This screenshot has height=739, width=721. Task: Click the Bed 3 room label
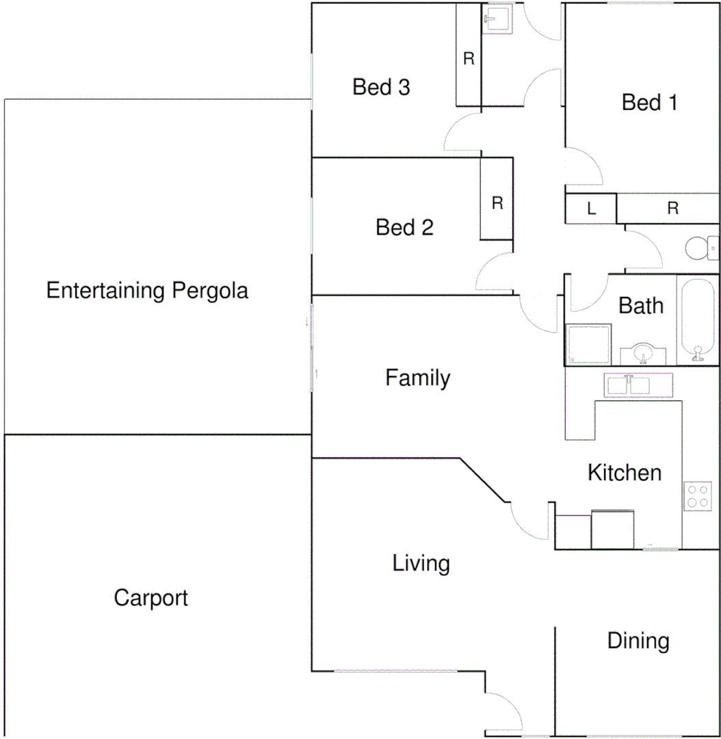381,88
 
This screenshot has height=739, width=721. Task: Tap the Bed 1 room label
649,103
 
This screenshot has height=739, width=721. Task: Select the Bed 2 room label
404,227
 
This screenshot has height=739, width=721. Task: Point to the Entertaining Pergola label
147,291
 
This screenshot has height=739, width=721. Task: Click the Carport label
150,598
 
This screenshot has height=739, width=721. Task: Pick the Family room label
417,378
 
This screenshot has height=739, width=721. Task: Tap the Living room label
421,564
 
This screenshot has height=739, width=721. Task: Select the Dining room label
638,641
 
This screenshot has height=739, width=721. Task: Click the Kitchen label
624,473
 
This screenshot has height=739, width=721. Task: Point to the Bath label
641,306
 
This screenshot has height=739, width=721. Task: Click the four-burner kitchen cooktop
698,496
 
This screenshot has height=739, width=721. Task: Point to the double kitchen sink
627,385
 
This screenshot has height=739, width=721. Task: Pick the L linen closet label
591,209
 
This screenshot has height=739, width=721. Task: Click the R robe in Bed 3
469,59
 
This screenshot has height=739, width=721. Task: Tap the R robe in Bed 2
497,203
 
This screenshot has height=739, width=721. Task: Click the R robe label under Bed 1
672,209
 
